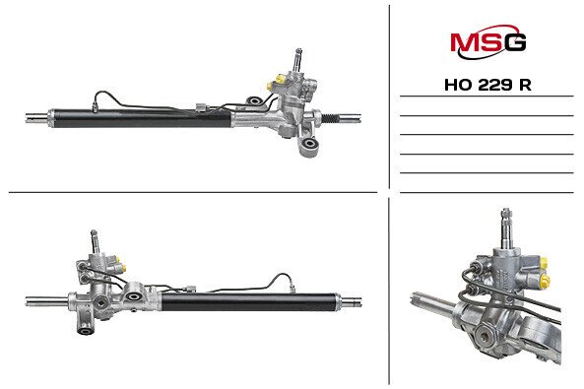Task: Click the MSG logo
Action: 487,41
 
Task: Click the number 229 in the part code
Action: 494,86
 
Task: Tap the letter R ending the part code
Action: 525,86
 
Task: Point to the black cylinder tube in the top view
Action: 142,118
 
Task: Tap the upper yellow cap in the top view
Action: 280,79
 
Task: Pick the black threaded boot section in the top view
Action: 330,118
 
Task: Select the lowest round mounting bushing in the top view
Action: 309,144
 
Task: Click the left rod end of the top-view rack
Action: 36,118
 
